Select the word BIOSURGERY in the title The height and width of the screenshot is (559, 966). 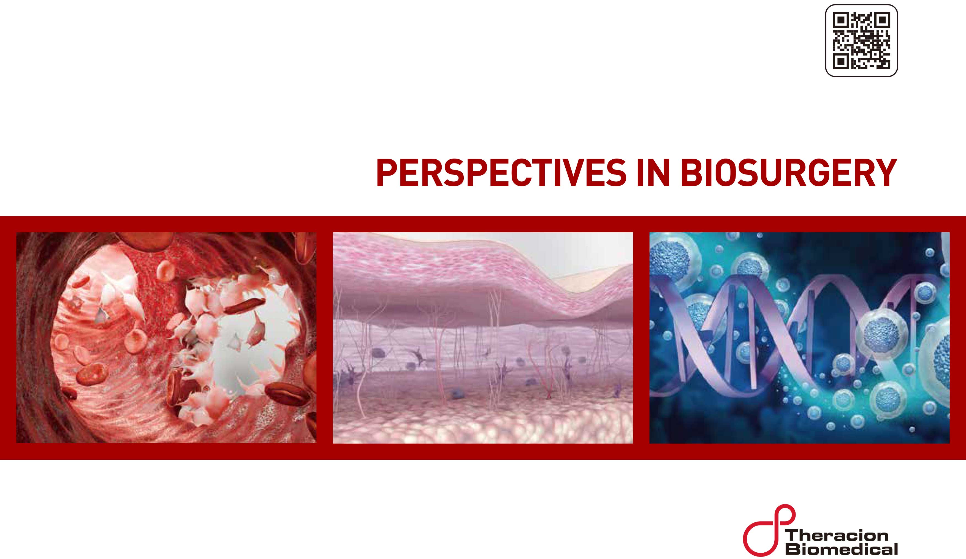click(788, 173)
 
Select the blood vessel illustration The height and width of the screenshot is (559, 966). click(166, 337)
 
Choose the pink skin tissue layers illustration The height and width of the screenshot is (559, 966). click(483, 337)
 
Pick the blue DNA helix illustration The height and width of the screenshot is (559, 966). click(799, 337)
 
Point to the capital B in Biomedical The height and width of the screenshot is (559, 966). click(793, 549)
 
